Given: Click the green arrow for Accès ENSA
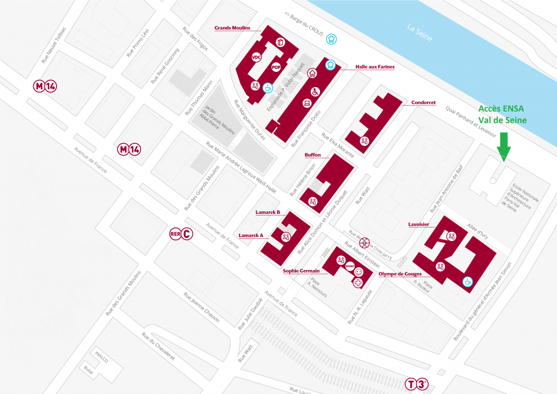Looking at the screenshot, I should pos(504,145).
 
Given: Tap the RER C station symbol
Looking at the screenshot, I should pos(181,235).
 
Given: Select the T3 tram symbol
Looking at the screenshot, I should pos(417,384).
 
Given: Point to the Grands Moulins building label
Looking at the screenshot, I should pos(233,27).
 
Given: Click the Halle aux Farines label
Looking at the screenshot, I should pos(375,66).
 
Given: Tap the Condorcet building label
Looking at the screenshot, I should pos(423,102).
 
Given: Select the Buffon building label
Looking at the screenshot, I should pos(312,155).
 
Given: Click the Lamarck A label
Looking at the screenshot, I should pos(251,236).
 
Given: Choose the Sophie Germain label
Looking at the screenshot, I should pos(301,270).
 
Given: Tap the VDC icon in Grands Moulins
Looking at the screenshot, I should pos(257,57).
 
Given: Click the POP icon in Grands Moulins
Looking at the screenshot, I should pos(276,67).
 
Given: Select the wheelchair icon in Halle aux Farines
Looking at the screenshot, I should pos(314,91).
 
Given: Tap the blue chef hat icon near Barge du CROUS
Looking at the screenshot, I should pos(331,38).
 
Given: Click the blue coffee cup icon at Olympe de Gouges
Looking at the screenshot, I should pos(467,281).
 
